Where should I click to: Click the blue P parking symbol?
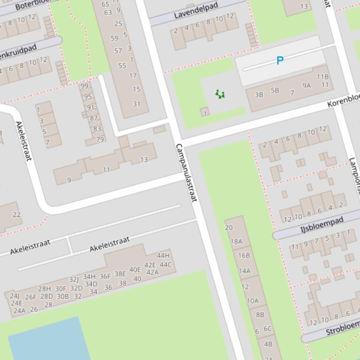[x=280, y=60]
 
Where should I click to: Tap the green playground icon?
[x=220, y=94]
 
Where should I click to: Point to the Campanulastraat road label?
[x=185, y=173]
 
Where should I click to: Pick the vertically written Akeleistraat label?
[x=23, y=141]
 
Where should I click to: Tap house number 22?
[x=17, y=215]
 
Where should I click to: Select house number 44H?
[x=163, y=255]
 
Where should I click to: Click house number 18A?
[x=236, y=241]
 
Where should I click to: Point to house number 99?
[x=84, y=86]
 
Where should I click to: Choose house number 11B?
[x=323, y=77]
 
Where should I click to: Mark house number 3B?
[x=259, y=94]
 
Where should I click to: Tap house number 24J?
[x=15, y=295]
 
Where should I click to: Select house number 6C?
[x=267, y=329]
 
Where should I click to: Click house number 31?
[x=136, y=104]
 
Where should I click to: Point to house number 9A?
[x=307, y=85]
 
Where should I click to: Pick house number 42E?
[x=150, y=265]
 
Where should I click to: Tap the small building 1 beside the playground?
[x=205, y=112]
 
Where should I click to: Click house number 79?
[x=100, y=139]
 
